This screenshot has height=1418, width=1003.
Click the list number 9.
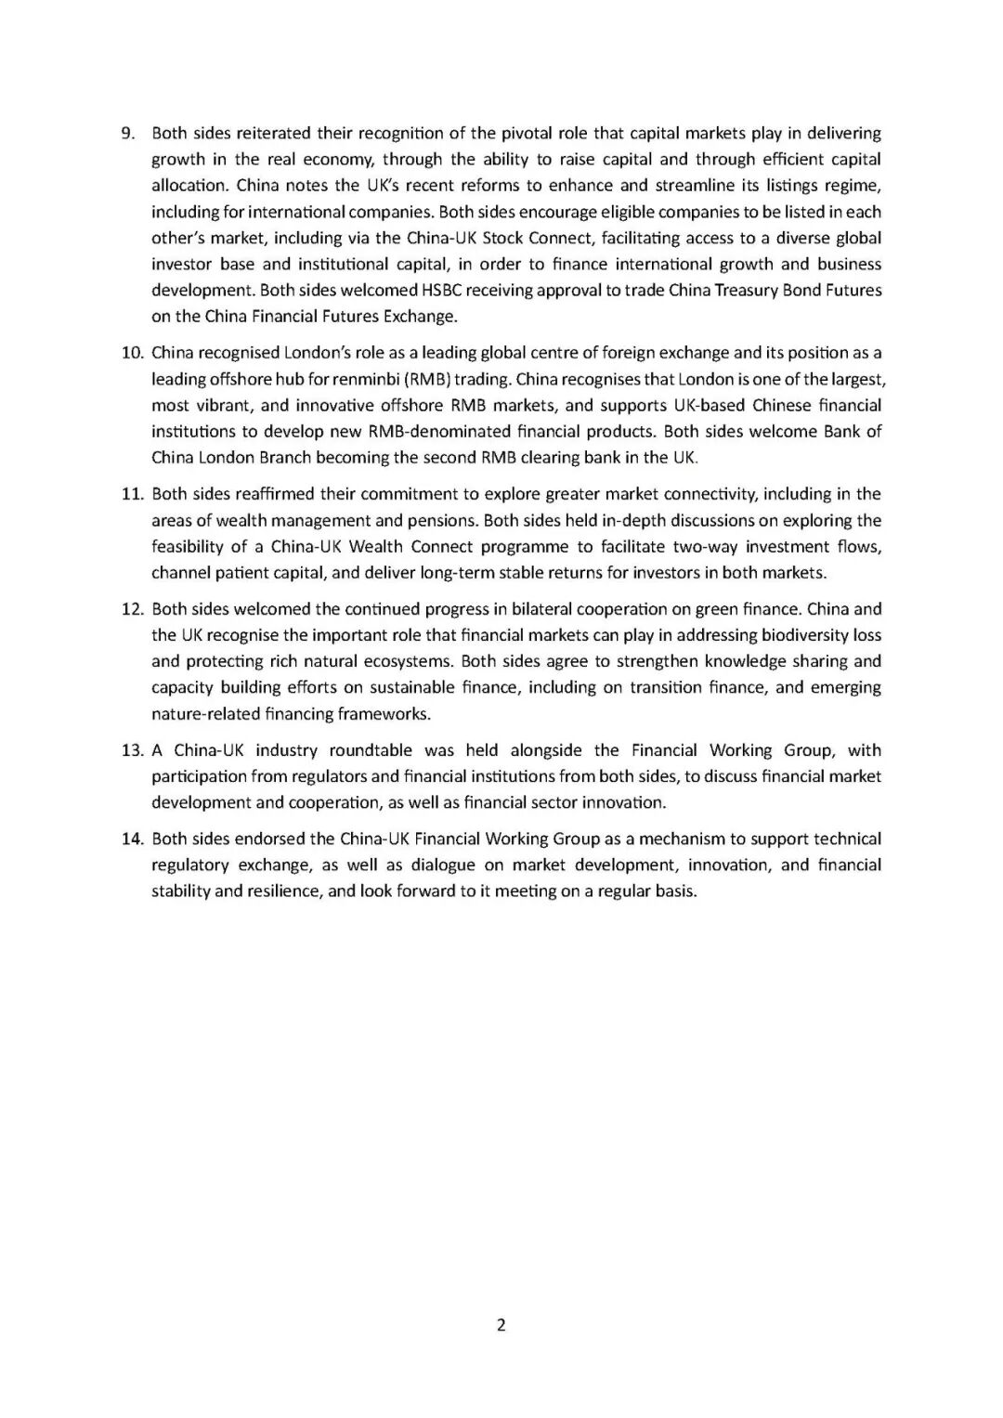click(128, 133)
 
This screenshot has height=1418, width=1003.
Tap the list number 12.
click(131, 609)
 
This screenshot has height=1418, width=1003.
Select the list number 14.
click(131, 839)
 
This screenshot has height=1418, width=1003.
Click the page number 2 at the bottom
click(501, 1324)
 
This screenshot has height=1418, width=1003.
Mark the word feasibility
click(194, 546)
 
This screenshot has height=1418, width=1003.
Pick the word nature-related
click(201, 714)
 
